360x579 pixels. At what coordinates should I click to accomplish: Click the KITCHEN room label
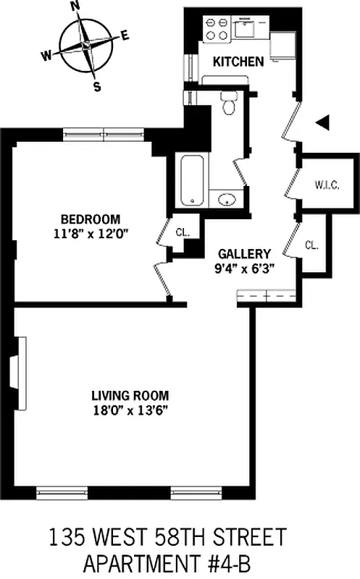pyautogui.click(x=238, y=62)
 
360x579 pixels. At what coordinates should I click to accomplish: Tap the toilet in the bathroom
pyautogui.click(x=228, y=103)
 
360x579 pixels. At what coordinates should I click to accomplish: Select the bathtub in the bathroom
pyautogui.click(x=192, y=180)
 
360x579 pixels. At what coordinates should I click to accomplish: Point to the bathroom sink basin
pyautogui.click(x=226, y=200)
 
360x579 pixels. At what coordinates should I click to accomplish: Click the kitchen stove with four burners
pyautogui.click(x=217, y=29)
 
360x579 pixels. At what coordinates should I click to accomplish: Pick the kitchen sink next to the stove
pyautogui.click(x=245, y=27)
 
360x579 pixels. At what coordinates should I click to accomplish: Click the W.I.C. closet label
pyautogui.click(x=327, y=185)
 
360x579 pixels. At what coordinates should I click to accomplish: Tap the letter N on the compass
pyautogui.click(x=75, y=6)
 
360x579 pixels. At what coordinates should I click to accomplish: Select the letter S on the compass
pyautogui.click(x=97, y=87)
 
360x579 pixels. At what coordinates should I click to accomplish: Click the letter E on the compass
pyautogui.click(x=125, y=35)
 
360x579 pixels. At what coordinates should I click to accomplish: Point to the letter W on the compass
pyautogui.click(x=46, y=56)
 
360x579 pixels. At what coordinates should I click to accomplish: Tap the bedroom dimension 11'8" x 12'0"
pyautogui.click(x=91, y=234)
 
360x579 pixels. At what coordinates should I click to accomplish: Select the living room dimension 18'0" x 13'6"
pyautogui.click(x=130, y=410)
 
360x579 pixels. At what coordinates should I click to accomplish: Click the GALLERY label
pyautogui.click(x=244, y=254)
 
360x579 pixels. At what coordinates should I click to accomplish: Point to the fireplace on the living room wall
pyautogui.click(x=19, y=372)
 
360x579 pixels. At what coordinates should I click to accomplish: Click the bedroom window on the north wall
pyautogui.click(x=104, y=134)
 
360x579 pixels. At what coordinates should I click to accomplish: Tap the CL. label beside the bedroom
pyautogui.click(x=183, y=232)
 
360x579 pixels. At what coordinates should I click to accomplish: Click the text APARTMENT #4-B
pyautogui.click(x=167, y=565)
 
